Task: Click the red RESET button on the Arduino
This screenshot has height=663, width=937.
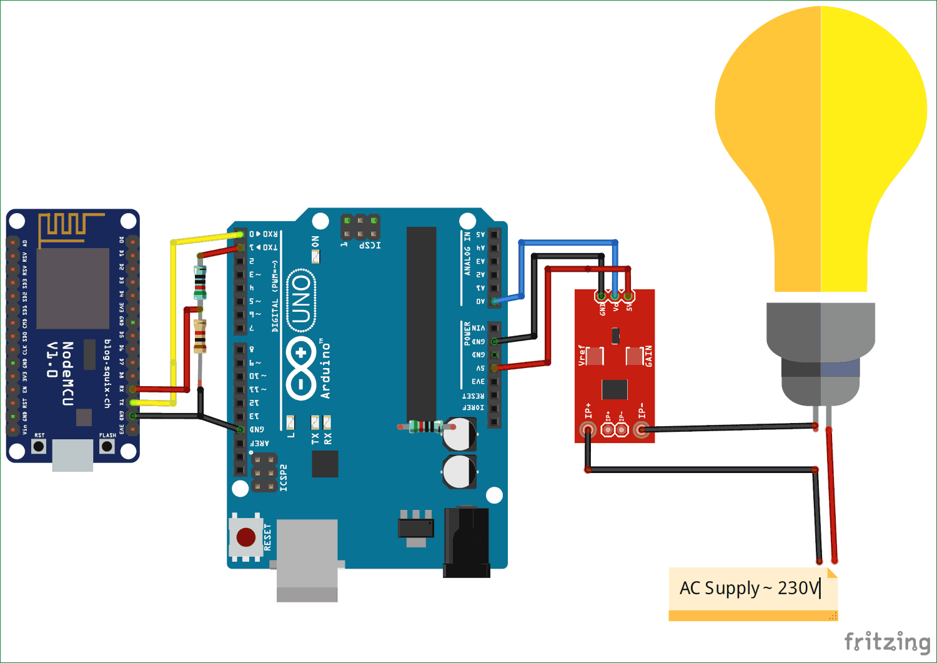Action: point(246,537)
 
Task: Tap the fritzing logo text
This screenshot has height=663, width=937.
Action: point(887,642)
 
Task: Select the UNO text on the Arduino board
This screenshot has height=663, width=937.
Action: point(301,301)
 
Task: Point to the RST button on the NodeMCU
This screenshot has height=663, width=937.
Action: point(39,446)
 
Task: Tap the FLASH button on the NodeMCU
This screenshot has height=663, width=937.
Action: point(107,446)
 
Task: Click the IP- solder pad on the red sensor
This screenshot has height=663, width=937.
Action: point(641,429)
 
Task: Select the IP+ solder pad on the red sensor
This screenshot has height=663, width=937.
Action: point(587,429)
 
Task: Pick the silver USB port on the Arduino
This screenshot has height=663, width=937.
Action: point(307,559)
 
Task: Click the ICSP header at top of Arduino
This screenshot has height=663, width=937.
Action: point(360,227)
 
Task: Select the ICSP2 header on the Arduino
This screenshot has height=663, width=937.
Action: point(264,473)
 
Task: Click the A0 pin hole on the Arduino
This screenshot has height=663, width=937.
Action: point(494,301)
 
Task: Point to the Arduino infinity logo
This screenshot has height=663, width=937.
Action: point(301,368)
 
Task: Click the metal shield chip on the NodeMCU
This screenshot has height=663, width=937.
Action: point(72,288)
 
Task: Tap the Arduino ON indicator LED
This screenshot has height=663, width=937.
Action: point(315,256)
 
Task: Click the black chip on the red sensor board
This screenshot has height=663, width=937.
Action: point(615,389)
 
